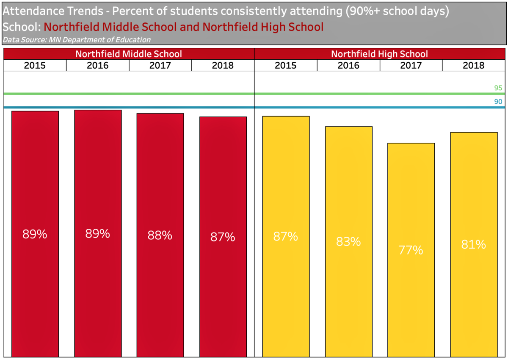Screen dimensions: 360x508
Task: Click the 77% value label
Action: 411,250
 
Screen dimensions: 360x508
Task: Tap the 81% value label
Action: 474,244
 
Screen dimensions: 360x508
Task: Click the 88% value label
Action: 160,235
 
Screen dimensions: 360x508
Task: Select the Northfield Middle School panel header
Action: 129,54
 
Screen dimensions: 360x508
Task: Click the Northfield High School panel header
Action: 379,54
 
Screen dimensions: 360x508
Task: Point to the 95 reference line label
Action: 498,88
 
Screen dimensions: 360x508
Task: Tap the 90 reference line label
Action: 498,102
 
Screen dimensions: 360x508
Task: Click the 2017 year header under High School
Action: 411,66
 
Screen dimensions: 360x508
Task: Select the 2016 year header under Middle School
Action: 98,66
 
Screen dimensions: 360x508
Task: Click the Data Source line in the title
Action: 77,40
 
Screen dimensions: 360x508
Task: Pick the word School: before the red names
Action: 22,27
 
